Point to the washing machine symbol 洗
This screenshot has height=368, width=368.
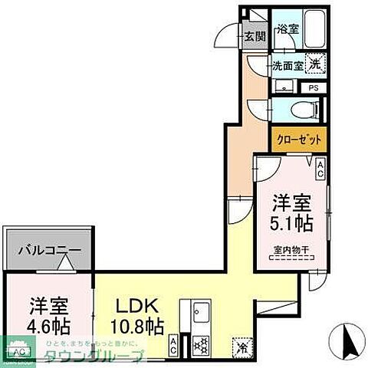[314, 66]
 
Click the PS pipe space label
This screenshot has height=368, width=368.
[313, 87]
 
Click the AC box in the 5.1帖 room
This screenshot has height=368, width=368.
[319, 169]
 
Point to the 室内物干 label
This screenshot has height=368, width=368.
[291, 250]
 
